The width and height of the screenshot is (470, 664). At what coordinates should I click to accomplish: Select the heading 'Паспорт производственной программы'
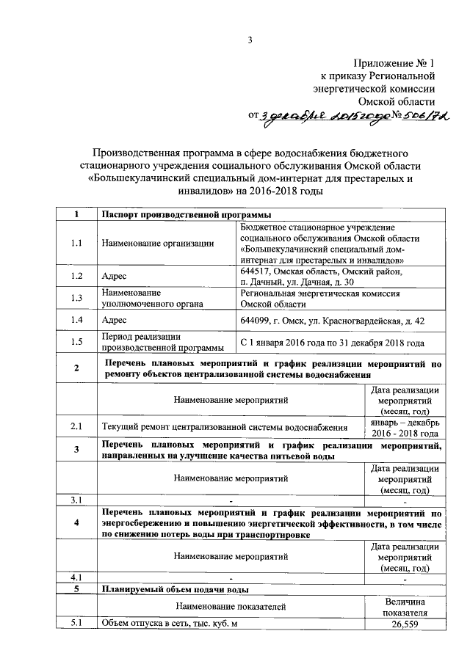187,214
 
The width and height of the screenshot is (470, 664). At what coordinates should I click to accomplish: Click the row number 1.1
76,243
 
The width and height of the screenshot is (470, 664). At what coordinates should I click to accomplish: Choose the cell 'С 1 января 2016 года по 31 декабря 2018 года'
332,343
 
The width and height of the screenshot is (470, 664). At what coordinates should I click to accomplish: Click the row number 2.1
76,426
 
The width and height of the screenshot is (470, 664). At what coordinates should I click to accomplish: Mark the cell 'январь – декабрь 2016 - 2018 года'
405,426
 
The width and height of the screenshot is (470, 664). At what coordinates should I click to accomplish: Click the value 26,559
405,624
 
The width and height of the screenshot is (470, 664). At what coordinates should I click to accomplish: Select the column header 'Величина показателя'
405,606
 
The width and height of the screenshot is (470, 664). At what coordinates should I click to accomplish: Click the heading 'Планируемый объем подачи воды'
176,589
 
